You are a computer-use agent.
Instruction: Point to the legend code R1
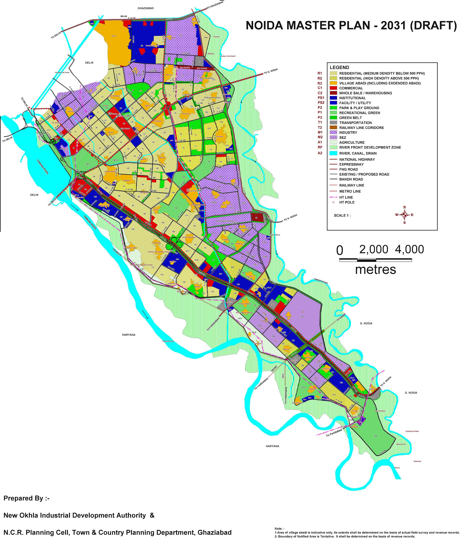pos(320,73)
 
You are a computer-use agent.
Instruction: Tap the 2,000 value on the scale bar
pos(374,249)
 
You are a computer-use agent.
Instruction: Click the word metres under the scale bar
pos(375,269)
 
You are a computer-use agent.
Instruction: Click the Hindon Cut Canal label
pos(62,72)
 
